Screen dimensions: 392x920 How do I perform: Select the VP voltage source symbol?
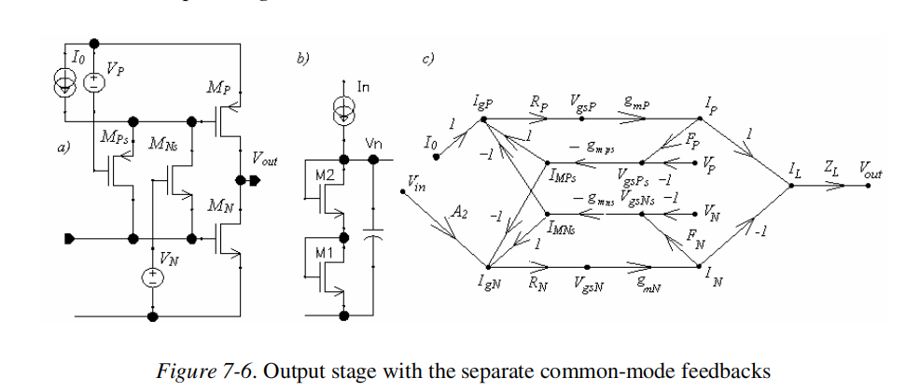[x=94, y=82]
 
